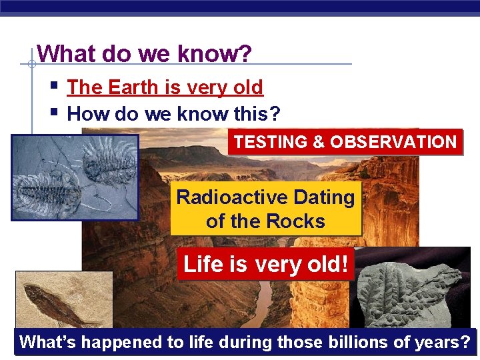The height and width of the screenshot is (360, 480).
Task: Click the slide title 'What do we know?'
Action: [x=145, y=53]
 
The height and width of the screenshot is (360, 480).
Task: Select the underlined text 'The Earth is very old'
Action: [x=165, y=87]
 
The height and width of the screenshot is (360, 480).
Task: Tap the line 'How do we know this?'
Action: [x=173, y=113]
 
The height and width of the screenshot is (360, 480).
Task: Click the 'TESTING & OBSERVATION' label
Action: [x=345, y=142]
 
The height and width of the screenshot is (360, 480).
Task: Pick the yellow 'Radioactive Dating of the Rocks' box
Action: [x=265, y=209]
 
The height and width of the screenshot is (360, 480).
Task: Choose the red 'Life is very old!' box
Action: [x=265, y=264]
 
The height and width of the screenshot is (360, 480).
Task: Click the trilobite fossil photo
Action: [x=75, y=177]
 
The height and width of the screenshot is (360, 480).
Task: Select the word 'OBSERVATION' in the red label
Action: [x=393, y=142]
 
